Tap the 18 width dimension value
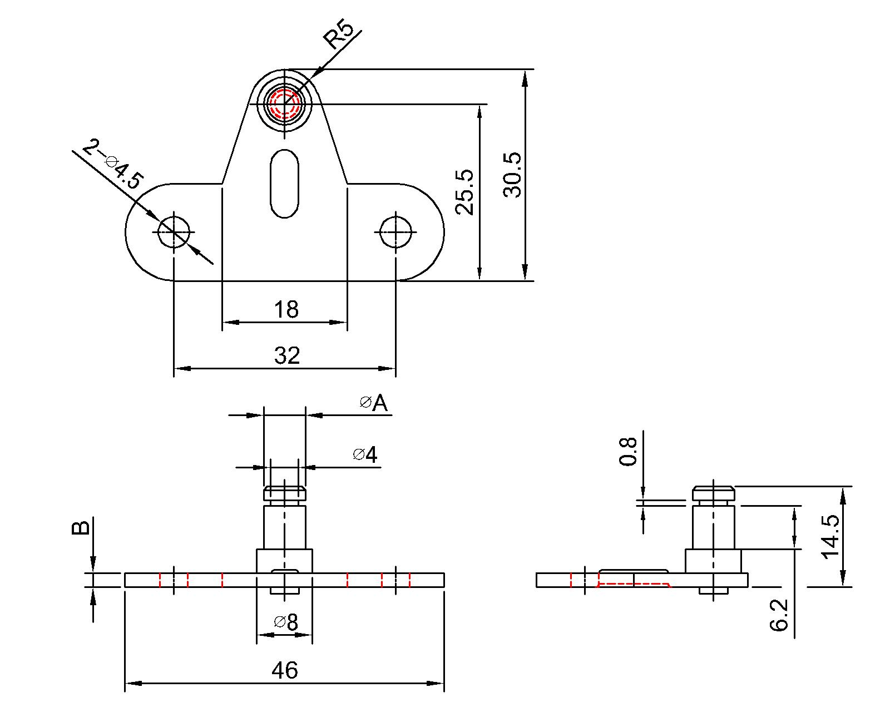[x=286, y=309]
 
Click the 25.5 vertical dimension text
[x=464, y=192]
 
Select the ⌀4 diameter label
[x=365, y=455]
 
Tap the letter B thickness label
[x=81, y=527]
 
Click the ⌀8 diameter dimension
[x=286, y=622]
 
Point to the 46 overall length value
[x=285, y=670]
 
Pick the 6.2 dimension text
[x=779, y=614]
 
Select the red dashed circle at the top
[x=284, y=103]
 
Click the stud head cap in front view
[x=284, y=493]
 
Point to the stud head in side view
[x=713, y=493]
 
